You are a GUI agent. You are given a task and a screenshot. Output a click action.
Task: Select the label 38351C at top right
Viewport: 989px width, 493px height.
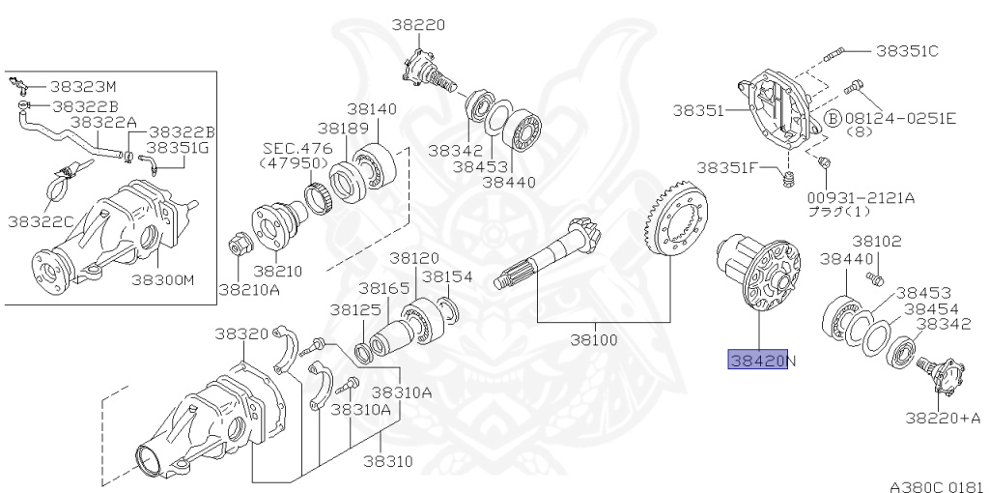906,49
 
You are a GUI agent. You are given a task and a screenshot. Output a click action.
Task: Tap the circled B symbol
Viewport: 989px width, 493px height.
832,118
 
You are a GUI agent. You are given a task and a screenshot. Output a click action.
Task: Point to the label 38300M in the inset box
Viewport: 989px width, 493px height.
162,280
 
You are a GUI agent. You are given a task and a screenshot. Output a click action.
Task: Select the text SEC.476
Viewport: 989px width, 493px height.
297,148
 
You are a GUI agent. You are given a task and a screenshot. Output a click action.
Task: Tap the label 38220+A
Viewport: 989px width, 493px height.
943,418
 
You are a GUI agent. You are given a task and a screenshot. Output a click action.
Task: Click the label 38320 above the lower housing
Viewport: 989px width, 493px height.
240,333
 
